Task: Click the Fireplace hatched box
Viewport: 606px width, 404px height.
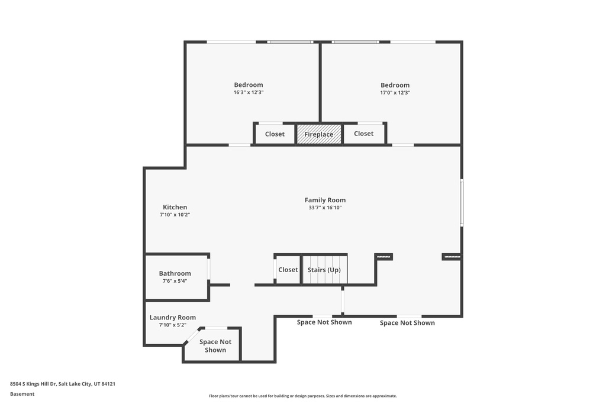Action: [319, 134]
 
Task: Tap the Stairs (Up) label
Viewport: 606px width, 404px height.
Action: [324, 270]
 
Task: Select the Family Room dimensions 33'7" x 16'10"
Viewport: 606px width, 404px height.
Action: [325, 208]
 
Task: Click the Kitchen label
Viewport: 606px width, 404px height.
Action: [175, 207]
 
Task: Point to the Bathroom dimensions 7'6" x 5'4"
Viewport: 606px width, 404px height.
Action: [175, 281]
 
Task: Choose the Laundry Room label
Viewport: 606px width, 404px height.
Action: [172, 318]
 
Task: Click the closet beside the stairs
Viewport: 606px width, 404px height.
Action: [288, 270]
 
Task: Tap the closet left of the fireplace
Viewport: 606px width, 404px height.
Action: [275, 134]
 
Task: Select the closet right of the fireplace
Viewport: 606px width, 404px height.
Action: [364, 134]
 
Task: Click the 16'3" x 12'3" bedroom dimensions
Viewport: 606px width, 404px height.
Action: [249, 92]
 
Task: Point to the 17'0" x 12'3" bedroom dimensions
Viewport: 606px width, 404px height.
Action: [395, 93]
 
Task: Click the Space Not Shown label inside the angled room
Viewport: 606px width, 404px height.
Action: [215, 346]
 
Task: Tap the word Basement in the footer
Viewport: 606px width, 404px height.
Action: [22, 394]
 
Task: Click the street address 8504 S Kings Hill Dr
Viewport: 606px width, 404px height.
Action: [33, 384]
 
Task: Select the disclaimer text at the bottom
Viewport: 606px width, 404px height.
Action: [303, 396]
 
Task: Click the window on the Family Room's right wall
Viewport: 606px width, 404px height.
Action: [462, 202]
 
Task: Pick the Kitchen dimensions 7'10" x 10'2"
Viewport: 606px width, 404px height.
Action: [175, 215]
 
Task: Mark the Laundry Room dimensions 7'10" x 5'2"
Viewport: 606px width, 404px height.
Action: [172, 325]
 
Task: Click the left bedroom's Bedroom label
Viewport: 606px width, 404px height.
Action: [249, 85]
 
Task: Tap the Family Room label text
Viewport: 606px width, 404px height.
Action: [325, 200]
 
